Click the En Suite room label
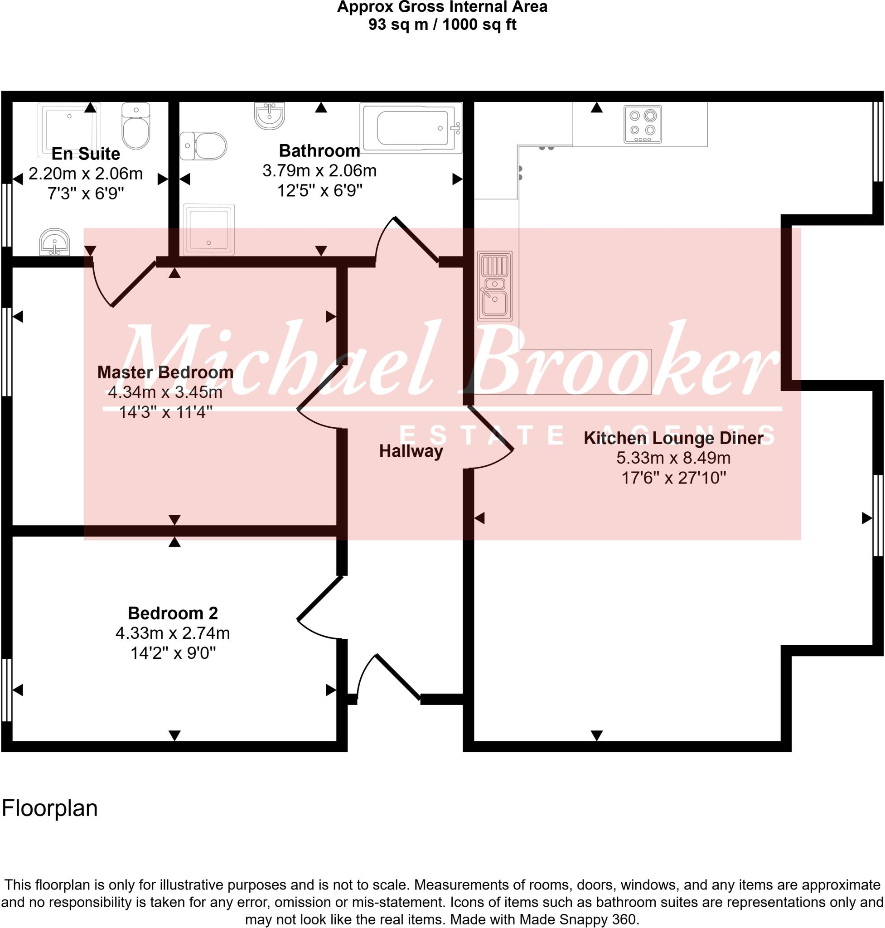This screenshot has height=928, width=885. click(85, 154)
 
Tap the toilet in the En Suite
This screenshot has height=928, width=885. click(136, 126)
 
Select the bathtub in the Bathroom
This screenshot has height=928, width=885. click(411, 128)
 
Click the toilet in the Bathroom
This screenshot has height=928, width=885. click(203, 146)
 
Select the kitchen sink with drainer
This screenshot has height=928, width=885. click(494, 286)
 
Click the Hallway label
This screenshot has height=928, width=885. click(411, 451)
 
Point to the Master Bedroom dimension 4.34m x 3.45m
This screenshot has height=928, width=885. click(165, 392)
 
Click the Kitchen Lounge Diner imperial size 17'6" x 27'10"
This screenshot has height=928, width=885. click(673, 478)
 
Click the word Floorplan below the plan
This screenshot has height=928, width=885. click(49, 808)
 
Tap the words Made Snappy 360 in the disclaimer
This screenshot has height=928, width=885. click(578, 919)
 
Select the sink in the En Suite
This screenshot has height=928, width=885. click(55, 242)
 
